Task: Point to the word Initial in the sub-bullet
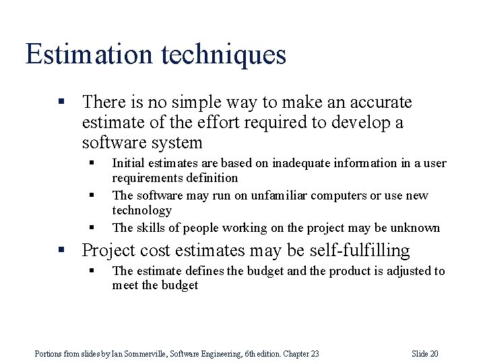[x=127, y=163]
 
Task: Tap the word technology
[x=142, y=210]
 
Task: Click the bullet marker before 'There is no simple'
[x=61, y=102]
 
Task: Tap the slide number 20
[x=433, y=354]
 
